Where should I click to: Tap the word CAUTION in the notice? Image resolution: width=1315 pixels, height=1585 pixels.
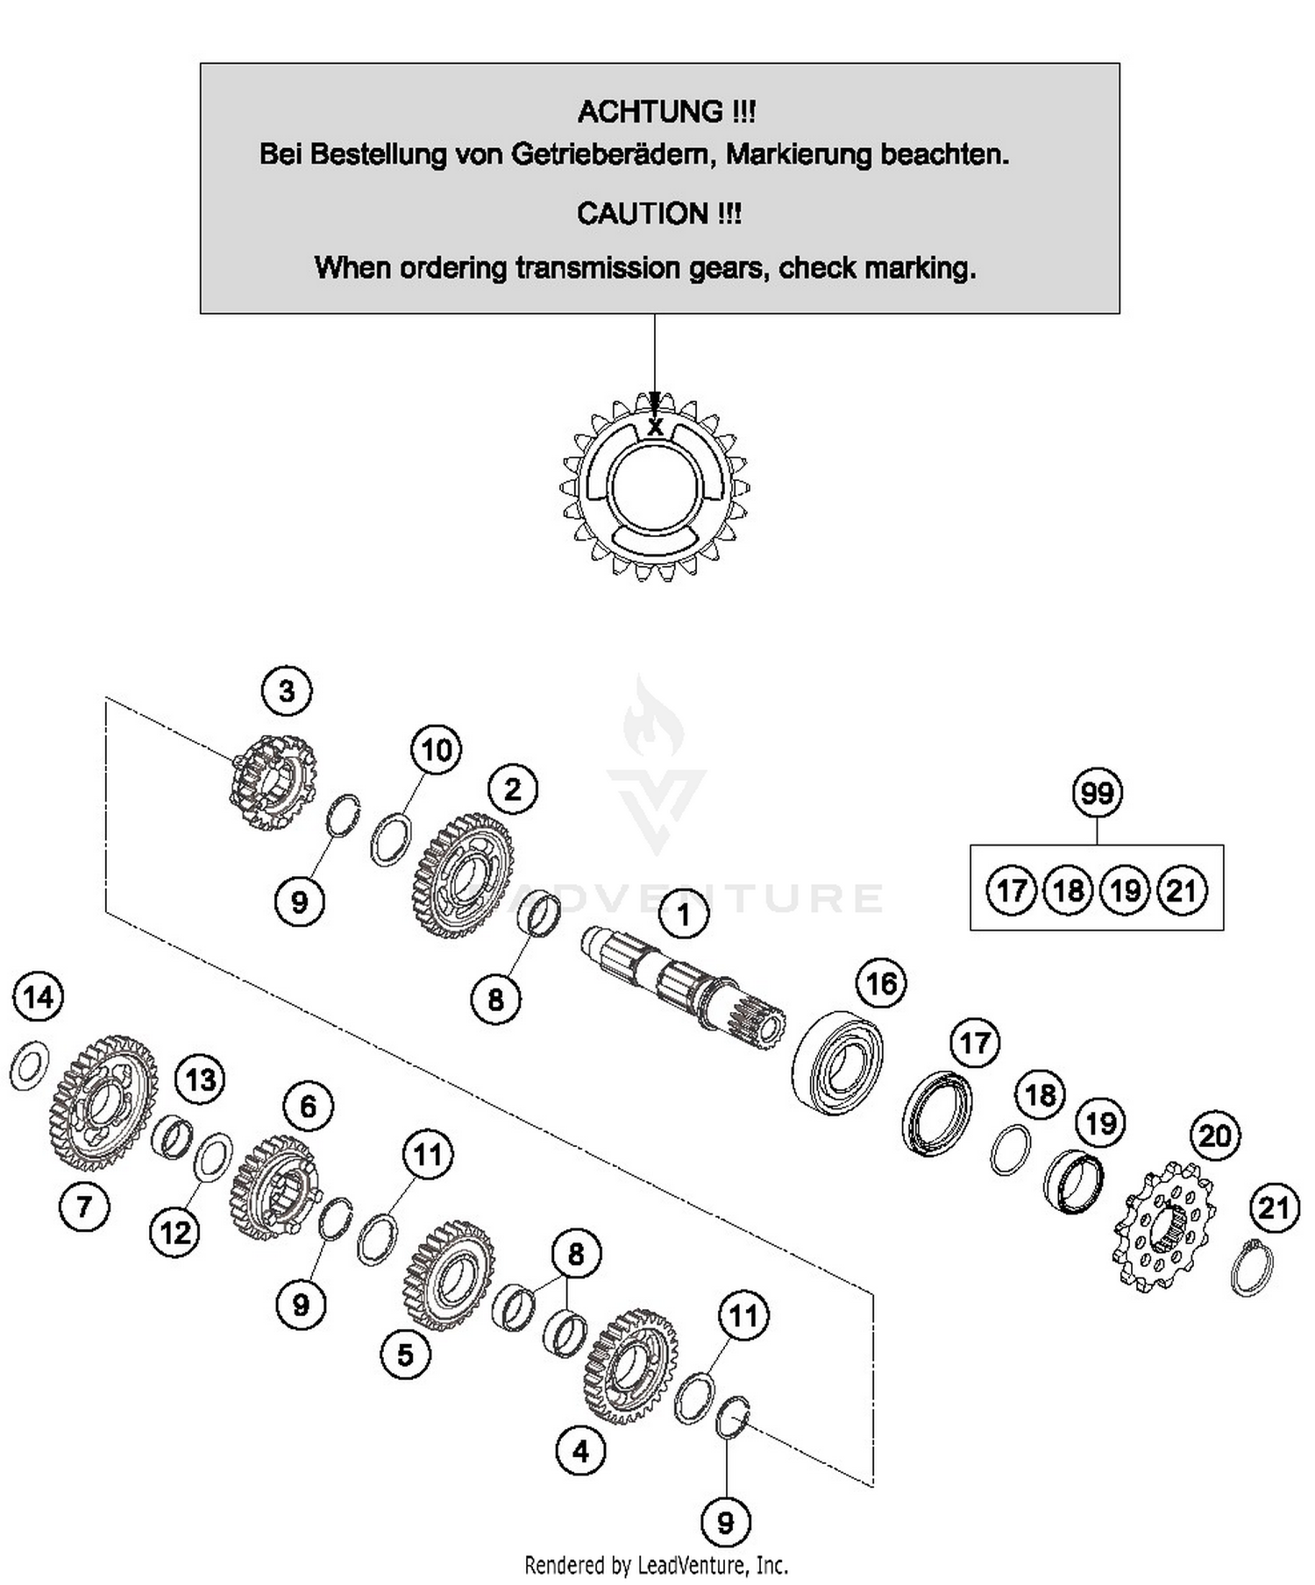643,214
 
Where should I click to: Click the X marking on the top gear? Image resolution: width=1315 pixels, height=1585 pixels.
655,428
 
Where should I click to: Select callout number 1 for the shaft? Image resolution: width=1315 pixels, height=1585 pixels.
683,916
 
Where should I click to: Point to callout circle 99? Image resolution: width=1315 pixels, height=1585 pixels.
1097,793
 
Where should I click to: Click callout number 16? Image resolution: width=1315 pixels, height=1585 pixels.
881,984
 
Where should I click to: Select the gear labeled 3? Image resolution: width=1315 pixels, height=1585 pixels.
273,782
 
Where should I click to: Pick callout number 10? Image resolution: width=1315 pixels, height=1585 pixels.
437,750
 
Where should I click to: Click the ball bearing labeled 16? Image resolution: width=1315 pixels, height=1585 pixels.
837,1063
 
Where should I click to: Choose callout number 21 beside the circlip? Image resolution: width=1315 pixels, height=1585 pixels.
1273,1208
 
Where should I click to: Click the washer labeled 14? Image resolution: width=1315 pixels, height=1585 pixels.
29,1066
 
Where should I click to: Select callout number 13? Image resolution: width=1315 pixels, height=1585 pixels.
200,1079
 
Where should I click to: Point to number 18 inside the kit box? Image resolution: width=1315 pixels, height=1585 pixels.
1068,891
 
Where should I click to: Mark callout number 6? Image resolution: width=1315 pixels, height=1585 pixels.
308,1107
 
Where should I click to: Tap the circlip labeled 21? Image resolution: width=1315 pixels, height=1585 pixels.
1251,1268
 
